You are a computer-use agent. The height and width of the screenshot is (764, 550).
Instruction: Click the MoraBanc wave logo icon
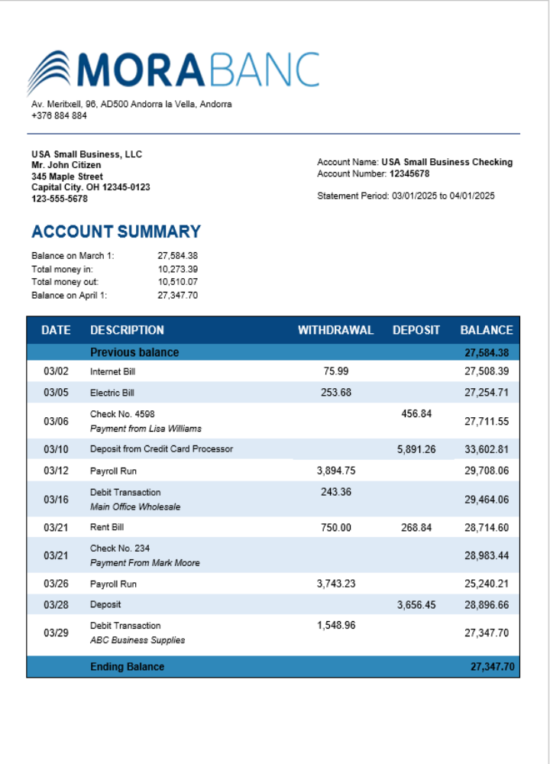click(x=50, y=72)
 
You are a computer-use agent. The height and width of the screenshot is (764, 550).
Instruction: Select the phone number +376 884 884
click(x=59, y=116)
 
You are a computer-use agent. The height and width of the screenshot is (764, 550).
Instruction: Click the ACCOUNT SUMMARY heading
click(x=116, y=231)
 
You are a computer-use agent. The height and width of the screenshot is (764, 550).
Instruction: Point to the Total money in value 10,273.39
click(x=177, y=269)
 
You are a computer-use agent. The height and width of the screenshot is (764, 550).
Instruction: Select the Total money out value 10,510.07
click(x=177, y=282)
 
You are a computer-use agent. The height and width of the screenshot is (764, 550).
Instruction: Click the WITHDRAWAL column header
click(x=335, y=330)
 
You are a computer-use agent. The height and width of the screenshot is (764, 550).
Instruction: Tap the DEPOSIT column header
click(x=416, y=330)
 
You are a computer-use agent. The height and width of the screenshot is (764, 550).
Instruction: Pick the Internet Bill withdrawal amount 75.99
click(x=335, y=371)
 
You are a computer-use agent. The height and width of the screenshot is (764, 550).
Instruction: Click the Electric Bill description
click(x=112, y=393)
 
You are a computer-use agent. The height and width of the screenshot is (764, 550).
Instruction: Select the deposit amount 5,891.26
click(x=416, y=449)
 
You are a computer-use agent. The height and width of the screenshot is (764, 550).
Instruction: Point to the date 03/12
click(x=56, y=471)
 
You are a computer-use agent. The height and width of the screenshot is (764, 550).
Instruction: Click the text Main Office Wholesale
click(x=135, y=507)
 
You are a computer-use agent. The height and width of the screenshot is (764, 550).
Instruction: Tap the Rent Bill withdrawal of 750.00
click(x=335, y=527)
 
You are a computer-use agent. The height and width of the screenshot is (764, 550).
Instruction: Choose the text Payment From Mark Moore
click(x=144, y=563)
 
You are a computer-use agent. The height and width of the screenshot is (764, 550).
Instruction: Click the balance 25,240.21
click(x=486, y=584)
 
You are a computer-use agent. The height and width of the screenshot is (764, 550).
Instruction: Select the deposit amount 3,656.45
click(x=416, y=605)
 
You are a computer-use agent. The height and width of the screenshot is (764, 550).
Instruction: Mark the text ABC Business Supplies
click(x=137, y=640)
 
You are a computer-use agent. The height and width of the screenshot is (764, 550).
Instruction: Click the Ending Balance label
click(x=127, y=666)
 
